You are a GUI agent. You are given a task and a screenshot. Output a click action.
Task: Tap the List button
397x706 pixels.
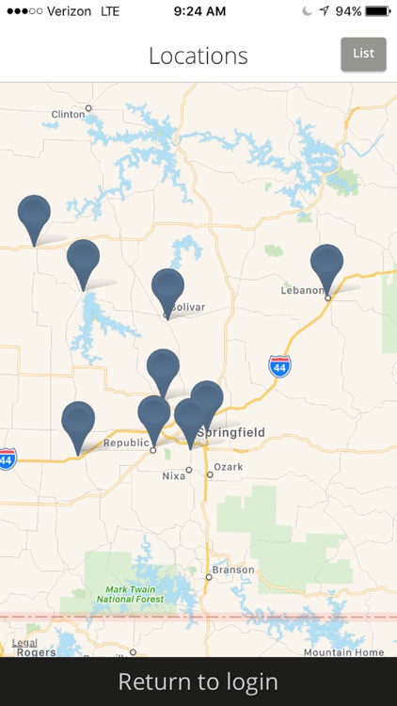tap(363, 54)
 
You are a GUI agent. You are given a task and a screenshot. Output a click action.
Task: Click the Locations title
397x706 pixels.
tap(198, 56)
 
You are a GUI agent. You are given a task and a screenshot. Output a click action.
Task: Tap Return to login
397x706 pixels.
tap(198, 682)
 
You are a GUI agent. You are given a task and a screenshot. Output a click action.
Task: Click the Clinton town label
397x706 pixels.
tap(68, 115)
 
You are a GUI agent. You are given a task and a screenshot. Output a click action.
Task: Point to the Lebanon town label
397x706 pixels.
tap(302, 290)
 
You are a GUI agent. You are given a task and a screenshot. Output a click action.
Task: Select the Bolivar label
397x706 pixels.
tap(186, 307)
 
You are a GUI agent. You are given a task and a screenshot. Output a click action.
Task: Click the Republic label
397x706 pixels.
tap(125, 442)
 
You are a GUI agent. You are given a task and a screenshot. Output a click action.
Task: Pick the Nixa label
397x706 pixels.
tap(174, 477)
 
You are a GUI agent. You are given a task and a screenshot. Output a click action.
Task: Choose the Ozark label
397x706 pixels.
tap(229, 467)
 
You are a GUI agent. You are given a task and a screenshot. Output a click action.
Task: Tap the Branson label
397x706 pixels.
tap(232, 570)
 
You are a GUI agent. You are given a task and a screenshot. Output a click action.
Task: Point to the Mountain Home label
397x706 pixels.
tap(342, 652)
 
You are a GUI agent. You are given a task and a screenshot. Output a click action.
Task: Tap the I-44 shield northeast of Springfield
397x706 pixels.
tap(279, 366)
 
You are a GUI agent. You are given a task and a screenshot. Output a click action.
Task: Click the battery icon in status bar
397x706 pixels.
tap(378, 11)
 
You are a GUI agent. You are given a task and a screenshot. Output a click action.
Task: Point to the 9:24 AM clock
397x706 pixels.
tap(199, 11)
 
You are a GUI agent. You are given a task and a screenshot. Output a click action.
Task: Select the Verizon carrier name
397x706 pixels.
tap(67, 11)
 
